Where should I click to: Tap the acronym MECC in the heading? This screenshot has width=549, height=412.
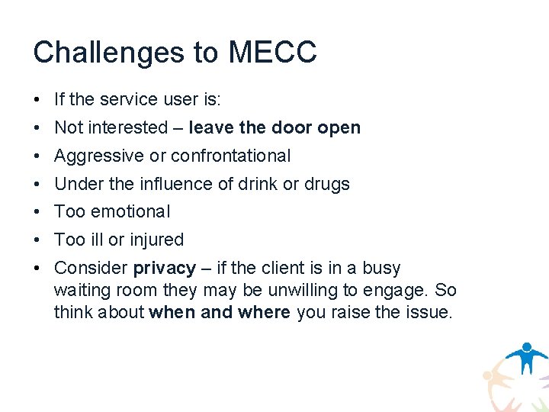pos(273,53)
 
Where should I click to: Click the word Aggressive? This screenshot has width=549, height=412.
pos(99,156)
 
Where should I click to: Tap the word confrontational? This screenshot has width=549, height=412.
pos(231,156)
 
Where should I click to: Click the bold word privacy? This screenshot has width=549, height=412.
pos(165,269)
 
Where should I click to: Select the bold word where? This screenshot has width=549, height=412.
pos(264,312)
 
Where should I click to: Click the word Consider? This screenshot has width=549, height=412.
pos(91,269)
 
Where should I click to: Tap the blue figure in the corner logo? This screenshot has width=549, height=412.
pos(526,356)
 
